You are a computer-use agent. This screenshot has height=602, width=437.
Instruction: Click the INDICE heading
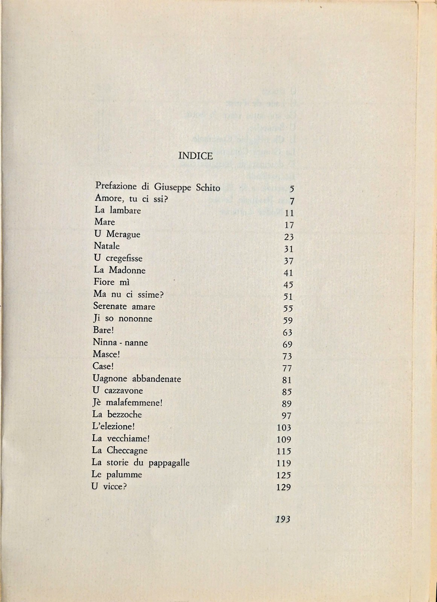[x=196, y=156]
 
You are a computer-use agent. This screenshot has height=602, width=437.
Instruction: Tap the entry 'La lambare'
[x=118, y=211]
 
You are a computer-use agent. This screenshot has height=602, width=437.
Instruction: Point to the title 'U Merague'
[x=117, y=235]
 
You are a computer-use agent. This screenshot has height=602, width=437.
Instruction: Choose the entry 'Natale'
[x=107, y=246]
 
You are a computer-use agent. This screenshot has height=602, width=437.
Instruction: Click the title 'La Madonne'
[x=119, y=270]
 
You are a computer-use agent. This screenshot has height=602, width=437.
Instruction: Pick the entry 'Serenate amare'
[x=124, y=307]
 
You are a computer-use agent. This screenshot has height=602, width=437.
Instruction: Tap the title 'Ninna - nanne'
[x=120, y=343]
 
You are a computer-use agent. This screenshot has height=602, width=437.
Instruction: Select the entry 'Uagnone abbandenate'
[x=137, y=379]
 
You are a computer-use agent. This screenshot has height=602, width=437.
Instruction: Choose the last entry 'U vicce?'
[x=110, y=487]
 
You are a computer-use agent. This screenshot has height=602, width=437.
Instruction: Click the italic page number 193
[x=283, y=519]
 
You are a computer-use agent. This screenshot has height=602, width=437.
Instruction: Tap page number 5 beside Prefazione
[x=292, y=190]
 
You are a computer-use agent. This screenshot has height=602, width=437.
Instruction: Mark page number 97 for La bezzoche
[x=286, y=416]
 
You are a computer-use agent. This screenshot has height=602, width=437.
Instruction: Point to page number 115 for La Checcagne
[x=284, y=451]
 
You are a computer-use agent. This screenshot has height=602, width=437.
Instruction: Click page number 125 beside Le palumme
[x=284, y=475]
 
